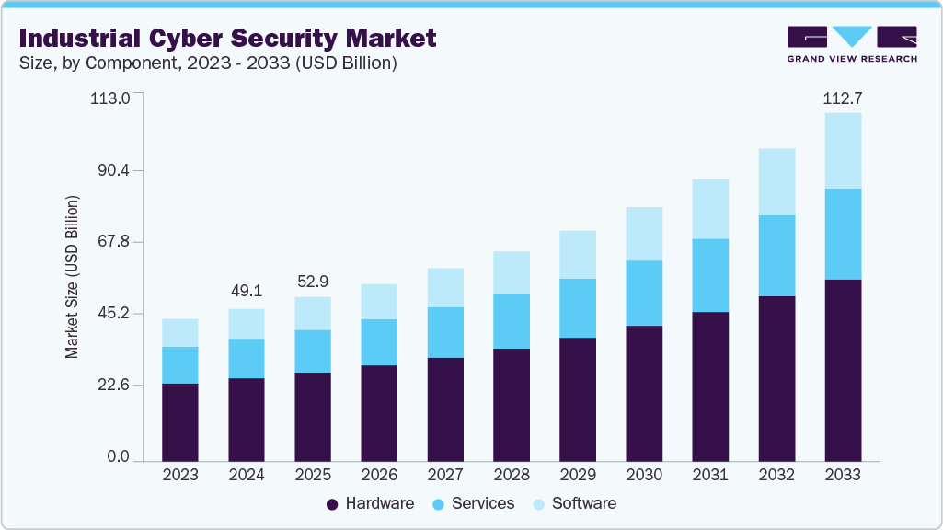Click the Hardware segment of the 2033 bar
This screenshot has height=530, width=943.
pos(843,370)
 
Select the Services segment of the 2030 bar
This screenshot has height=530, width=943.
pos(644,293)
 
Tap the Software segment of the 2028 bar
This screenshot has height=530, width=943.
pos(512,272)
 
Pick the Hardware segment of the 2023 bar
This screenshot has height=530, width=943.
pos(180,421)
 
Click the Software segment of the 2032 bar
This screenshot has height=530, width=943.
pos(776,181)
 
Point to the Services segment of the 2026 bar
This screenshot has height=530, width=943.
pos(379,342)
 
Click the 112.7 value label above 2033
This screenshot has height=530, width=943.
pos(843,98)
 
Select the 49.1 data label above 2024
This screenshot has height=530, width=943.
pos(247,291)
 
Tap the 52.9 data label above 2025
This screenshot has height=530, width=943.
pos(313,280)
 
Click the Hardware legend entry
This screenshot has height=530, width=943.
pos(370,503)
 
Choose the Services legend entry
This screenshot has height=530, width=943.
pos(474,503)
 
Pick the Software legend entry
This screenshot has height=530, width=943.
pos(575,503)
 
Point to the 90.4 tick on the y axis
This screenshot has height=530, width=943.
pos(114,170)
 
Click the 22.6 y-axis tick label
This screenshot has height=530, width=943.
pos(114,385)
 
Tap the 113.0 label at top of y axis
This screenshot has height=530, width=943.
pos(110,98)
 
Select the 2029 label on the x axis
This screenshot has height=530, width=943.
pos(578,476)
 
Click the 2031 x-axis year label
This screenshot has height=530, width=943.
pos(710,476)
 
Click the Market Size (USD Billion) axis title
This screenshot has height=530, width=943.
pos(72,277)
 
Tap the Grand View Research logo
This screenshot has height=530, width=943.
pos(852,43)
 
